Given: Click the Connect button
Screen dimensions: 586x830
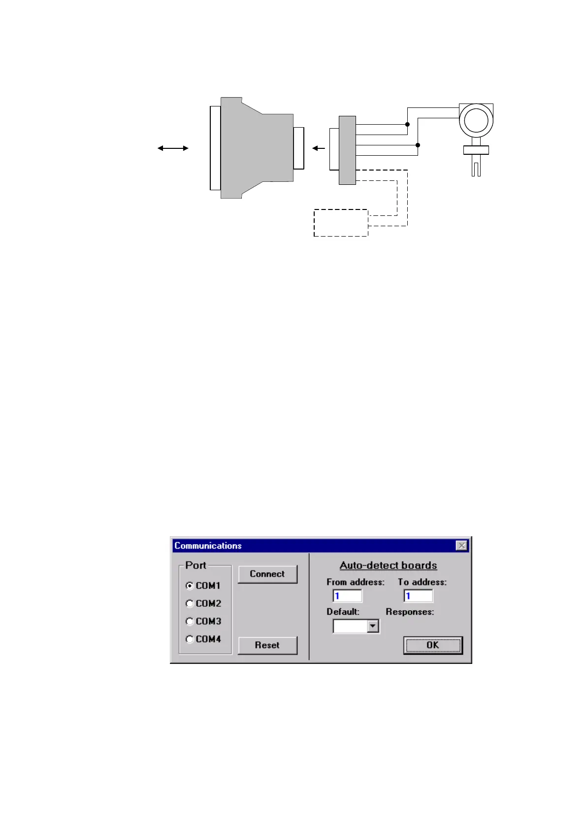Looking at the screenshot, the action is (267, 574).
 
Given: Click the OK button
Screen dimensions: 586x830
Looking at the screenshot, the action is (433, 645).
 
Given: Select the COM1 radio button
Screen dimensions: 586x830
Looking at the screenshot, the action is (190, 586).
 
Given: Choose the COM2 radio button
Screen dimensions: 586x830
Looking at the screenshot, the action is (190, 603).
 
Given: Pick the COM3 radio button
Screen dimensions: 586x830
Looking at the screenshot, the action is (190, 621).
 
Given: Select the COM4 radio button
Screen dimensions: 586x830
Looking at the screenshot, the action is (190, 639).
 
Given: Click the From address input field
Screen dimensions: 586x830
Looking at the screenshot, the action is (348, 596).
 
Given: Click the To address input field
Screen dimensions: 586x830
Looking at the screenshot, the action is (418, 596).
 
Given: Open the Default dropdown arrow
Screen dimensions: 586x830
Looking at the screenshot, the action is (373, 626).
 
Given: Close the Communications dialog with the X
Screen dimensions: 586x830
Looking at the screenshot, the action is (461, 546).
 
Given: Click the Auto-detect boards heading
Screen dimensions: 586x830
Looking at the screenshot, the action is (388, 565).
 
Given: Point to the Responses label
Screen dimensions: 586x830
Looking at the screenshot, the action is (410, 612).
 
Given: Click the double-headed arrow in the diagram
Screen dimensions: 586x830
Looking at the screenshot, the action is (173, 148).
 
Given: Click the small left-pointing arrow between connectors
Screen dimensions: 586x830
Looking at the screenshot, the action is (319, 148).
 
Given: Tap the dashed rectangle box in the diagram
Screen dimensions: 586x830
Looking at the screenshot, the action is (341, 223).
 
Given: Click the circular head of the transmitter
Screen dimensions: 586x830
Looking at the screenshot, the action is (476, 120).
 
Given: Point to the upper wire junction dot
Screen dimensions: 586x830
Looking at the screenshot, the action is (407, 124).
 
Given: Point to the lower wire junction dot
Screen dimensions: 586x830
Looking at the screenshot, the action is (418, 145).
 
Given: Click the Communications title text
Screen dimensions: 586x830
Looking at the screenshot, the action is (208, 546).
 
